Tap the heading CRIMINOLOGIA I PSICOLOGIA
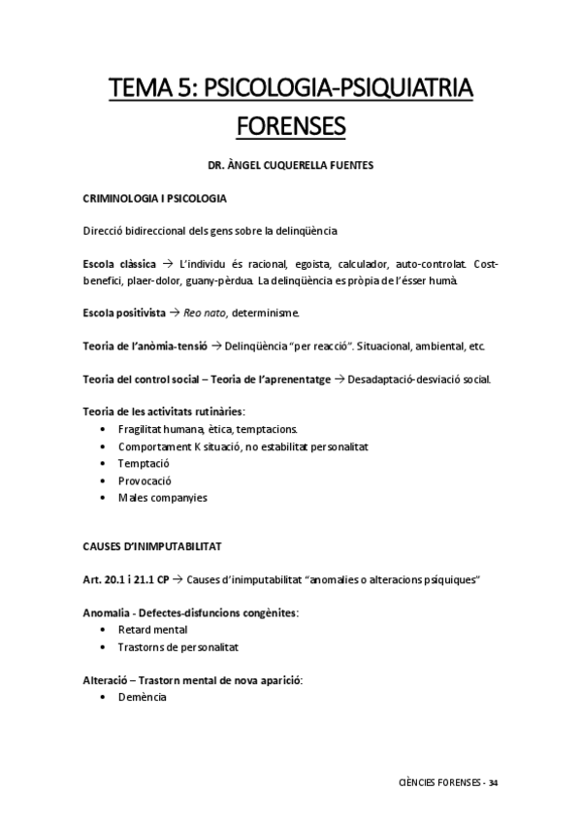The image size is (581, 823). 154,199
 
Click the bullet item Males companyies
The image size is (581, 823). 163,498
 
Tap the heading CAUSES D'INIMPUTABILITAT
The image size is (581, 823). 152,547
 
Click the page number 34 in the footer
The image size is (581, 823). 494,781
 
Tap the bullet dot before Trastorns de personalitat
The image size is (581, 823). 104,646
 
